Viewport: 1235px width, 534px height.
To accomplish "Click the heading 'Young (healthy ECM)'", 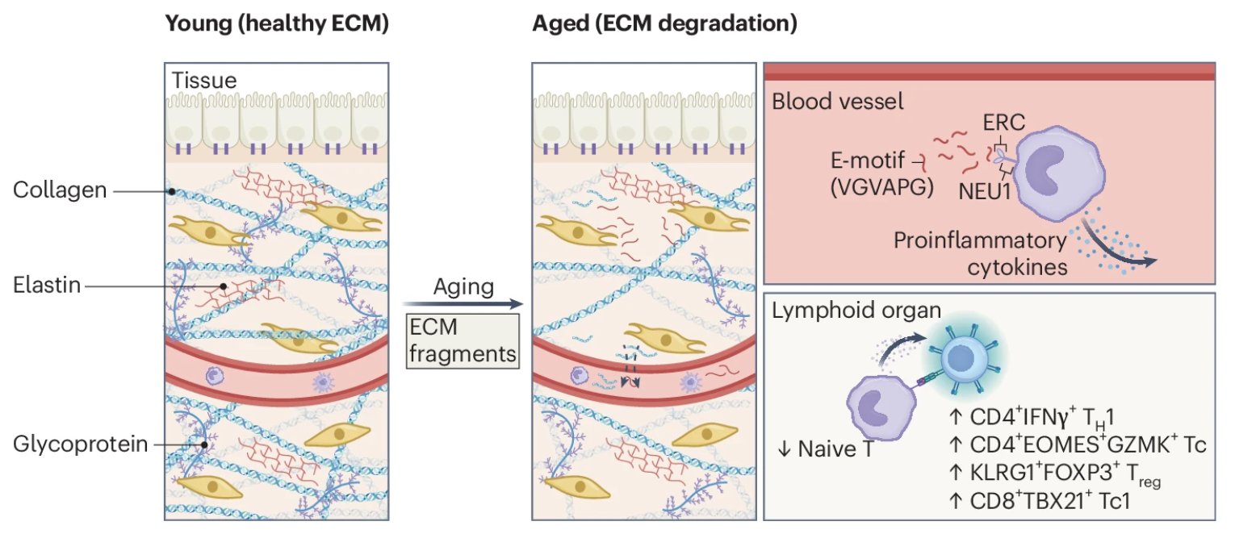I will [277, 24].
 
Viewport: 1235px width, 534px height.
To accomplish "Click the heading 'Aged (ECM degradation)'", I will [664, 24].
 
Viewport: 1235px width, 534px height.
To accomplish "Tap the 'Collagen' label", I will [61, 190].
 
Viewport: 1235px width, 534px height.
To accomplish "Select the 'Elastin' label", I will [48, 286].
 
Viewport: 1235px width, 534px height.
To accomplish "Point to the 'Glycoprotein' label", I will [80, 444].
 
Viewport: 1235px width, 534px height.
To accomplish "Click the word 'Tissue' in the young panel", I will [204, 81].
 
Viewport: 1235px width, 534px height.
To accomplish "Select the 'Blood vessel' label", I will [837, 103].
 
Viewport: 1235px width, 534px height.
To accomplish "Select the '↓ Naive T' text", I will [821, 448].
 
